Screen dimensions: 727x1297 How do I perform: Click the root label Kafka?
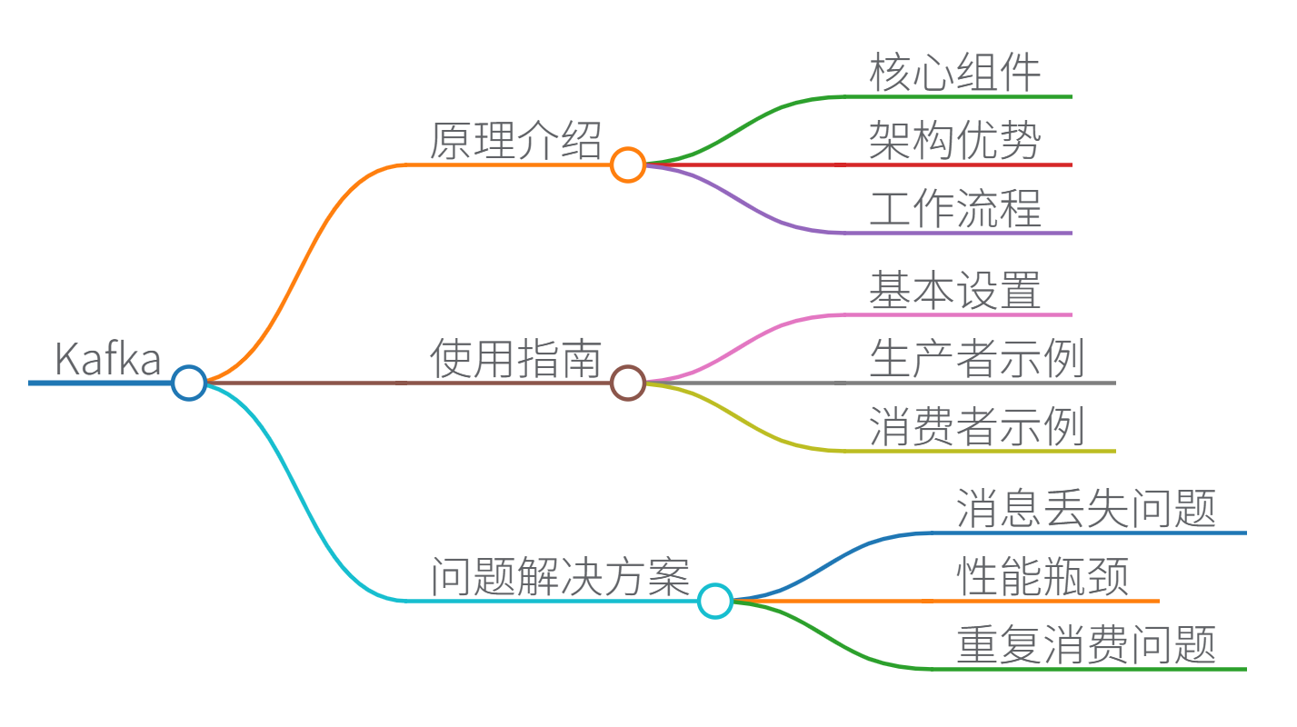tap(107, 358)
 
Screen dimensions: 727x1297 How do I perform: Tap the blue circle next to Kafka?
tap(189, 383)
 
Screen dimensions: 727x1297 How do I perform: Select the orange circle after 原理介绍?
tap(628, 164)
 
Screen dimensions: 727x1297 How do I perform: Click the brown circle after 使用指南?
tap(628, 383)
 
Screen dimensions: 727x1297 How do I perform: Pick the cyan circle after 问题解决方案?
tap(715, 601)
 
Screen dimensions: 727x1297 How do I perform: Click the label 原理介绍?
tap(515, 141)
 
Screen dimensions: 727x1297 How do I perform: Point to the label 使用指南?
tap(515, 359)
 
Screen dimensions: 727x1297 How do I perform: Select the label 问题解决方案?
tap(559, 577)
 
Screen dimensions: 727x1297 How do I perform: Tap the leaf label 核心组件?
tap(954, 73)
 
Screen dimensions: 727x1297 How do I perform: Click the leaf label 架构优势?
tap(954, 141)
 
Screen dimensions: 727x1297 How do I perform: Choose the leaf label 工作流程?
tap(954, 209)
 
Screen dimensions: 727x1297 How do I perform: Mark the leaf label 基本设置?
tap(954, 291)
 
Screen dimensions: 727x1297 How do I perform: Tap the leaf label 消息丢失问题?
tap(1086, 509)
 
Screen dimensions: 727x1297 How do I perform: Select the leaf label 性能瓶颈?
tap(1043, 577)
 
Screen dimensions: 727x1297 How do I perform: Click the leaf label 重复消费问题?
tap(1086, 645)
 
